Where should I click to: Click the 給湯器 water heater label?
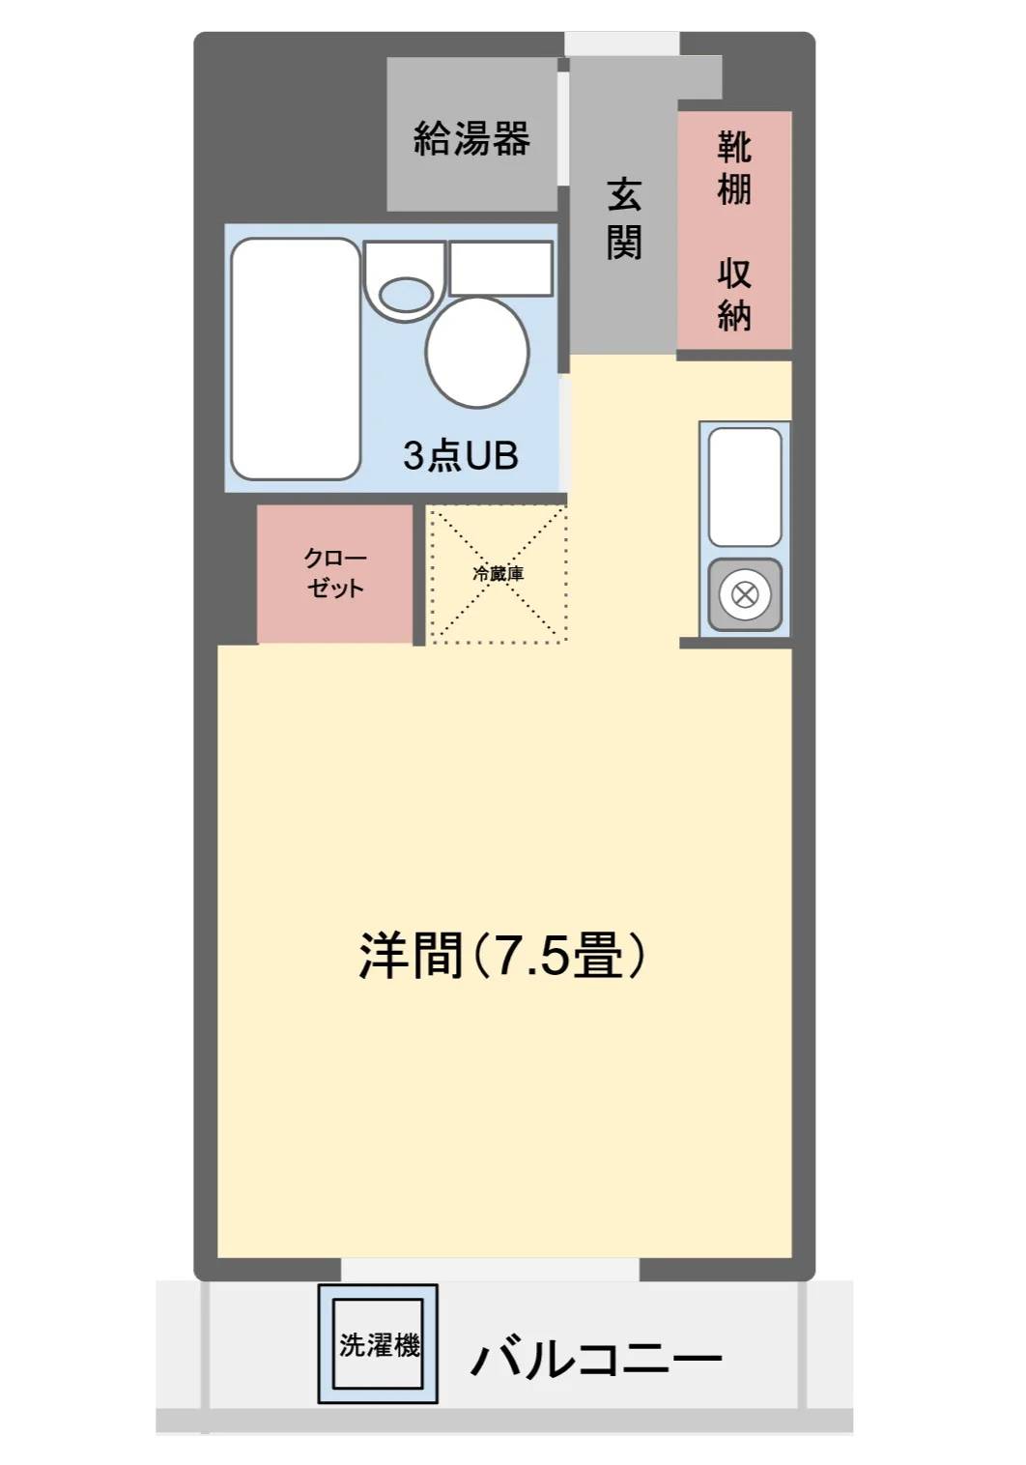tap(471, 138)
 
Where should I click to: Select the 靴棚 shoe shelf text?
tap(734, 167)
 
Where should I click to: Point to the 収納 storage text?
tap(734, 295)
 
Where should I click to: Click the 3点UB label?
tap(461, 456)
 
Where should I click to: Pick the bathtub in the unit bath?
tap(296, 359)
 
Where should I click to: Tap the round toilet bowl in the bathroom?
tap(476, 353)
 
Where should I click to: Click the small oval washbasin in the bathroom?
tap(406, 295)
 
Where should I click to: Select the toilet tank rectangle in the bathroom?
tap(500, 268)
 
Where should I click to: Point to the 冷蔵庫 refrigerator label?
tap(499, 574)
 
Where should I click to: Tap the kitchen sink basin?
tap(745, 487)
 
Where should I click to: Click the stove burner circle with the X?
tap(745, 594)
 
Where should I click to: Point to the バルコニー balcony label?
tap(596, 1350)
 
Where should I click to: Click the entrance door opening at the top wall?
tap(622, 43)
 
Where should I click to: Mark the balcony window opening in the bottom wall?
tap(490, 1269)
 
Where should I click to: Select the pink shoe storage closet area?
tap(734, 230)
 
